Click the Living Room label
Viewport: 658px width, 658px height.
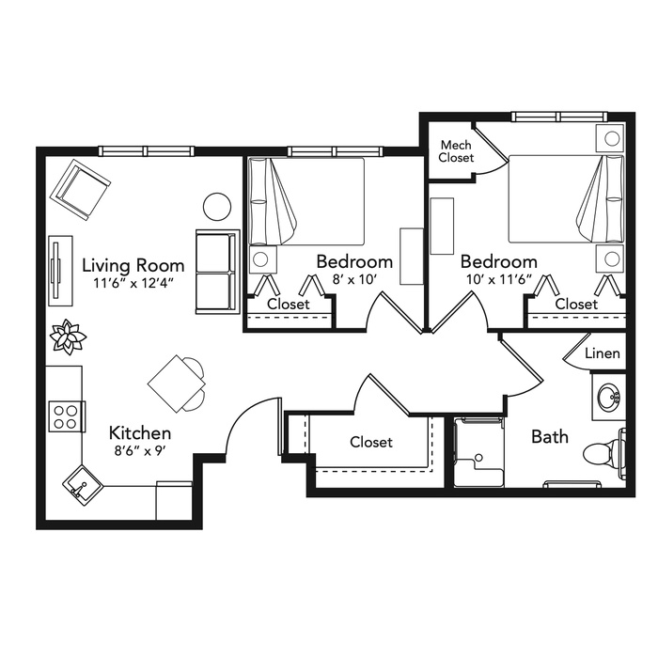[x=133, y=265]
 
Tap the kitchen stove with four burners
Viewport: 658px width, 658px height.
[x=67, y=416]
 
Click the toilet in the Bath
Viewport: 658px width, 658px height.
[x=604, y=453]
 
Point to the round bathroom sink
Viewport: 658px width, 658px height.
[x=608, y=397]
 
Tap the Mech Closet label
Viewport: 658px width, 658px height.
[x=456, y=151]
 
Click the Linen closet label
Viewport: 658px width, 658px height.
[x=603, y=353]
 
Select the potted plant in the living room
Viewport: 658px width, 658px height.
[x=68, y=337]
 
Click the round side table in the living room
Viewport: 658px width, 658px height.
[x=217, y=207]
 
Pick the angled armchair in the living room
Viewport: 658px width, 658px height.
[x=80, y=190]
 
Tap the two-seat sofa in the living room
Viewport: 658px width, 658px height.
[x=217, y=272]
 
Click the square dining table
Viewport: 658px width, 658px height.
[x=177, y=384]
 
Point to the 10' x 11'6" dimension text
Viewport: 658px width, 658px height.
[x=499, y=279]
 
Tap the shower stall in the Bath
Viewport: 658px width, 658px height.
[x=478, y=452]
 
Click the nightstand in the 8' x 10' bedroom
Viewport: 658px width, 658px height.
[x=262, y=259]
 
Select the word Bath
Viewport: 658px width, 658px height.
[x=550, y=436]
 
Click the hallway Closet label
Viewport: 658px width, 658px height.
[x=371, y=442]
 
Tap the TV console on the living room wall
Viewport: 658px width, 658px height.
[x=60, y=271]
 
